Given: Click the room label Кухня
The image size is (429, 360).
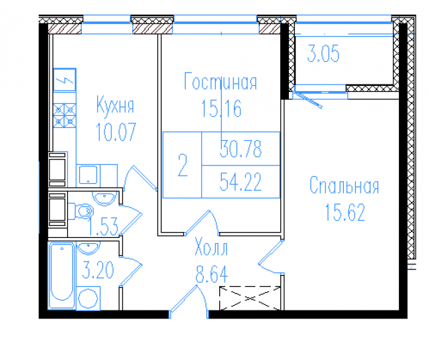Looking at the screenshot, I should coord(115,105).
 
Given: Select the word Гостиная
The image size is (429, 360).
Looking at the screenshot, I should coord(221,82).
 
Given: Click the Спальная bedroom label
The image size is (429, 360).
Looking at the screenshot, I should coord(344,186).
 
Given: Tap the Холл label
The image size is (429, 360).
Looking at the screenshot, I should coord(210,249).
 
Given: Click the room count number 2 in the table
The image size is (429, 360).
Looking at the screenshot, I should coord(182,165).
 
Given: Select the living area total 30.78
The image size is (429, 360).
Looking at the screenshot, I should coord(240,149).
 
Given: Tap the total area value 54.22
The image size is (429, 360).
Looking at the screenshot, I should coord(240,181).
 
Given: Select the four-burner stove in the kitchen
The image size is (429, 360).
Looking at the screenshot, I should coord(66,115).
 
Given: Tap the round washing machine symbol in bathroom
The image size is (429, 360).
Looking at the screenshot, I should coord(88,298).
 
